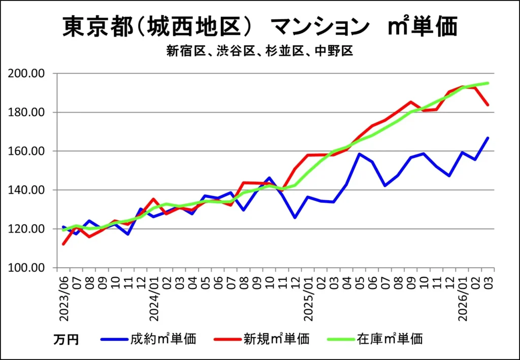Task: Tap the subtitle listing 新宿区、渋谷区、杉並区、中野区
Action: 259,51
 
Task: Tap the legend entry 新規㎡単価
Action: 276,339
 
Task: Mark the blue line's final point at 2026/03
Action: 488,138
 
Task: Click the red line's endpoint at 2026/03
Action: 488,105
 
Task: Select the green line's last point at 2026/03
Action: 488,83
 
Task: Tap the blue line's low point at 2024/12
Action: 295,218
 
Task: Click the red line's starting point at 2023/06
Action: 63,244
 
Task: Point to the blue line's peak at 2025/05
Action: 360,154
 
